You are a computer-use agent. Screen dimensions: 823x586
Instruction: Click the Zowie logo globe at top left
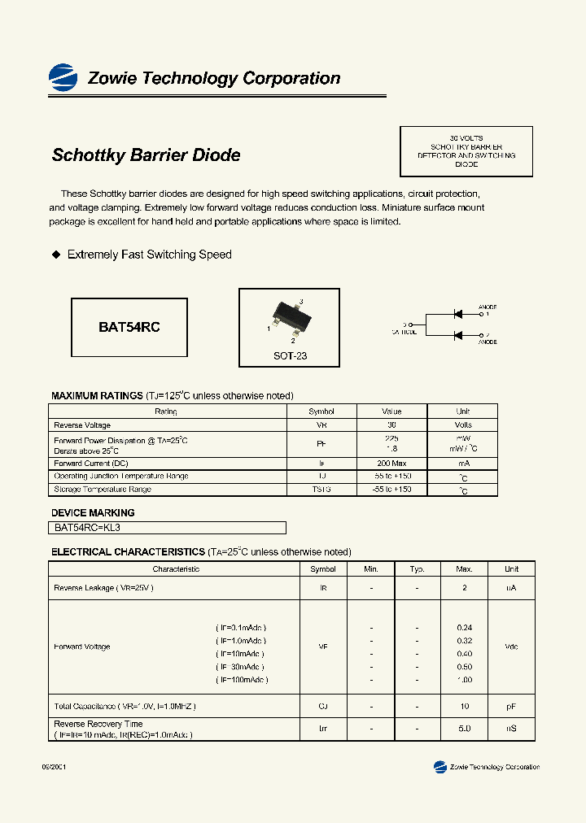63,77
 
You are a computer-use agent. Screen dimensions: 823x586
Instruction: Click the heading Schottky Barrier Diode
146,155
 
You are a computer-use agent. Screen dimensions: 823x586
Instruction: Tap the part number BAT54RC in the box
129,327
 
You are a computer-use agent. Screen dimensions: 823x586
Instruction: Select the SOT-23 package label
290,356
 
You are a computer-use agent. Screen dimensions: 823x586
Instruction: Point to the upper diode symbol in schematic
458,313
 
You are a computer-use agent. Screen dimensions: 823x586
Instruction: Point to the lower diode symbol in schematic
458,335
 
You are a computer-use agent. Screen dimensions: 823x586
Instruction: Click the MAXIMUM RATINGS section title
97,396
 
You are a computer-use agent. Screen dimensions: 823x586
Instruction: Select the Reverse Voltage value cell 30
391,425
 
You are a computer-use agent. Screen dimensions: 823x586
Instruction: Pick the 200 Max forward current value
391,464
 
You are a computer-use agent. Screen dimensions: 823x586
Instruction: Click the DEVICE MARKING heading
93,513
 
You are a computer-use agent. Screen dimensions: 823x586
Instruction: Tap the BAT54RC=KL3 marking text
87,528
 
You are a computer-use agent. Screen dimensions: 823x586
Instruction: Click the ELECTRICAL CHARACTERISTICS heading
128,552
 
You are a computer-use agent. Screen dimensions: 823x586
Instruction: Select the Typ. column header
417,569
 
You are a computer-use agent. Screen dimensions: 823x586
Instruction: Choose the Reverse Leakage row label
103,588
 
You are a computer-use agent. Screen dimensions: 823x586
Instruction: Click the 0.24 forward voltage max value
464,628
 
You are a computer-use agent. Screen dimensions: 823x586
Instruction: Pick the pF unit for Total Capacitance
511,708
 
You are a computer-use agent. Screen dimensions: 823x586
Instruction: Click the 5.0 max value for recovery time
464,729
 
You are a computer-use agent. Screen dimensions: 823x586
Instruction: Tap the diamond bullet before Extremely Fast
56,255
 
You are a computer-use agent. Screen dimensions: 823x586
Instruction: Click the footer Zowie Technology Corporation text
494,767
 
